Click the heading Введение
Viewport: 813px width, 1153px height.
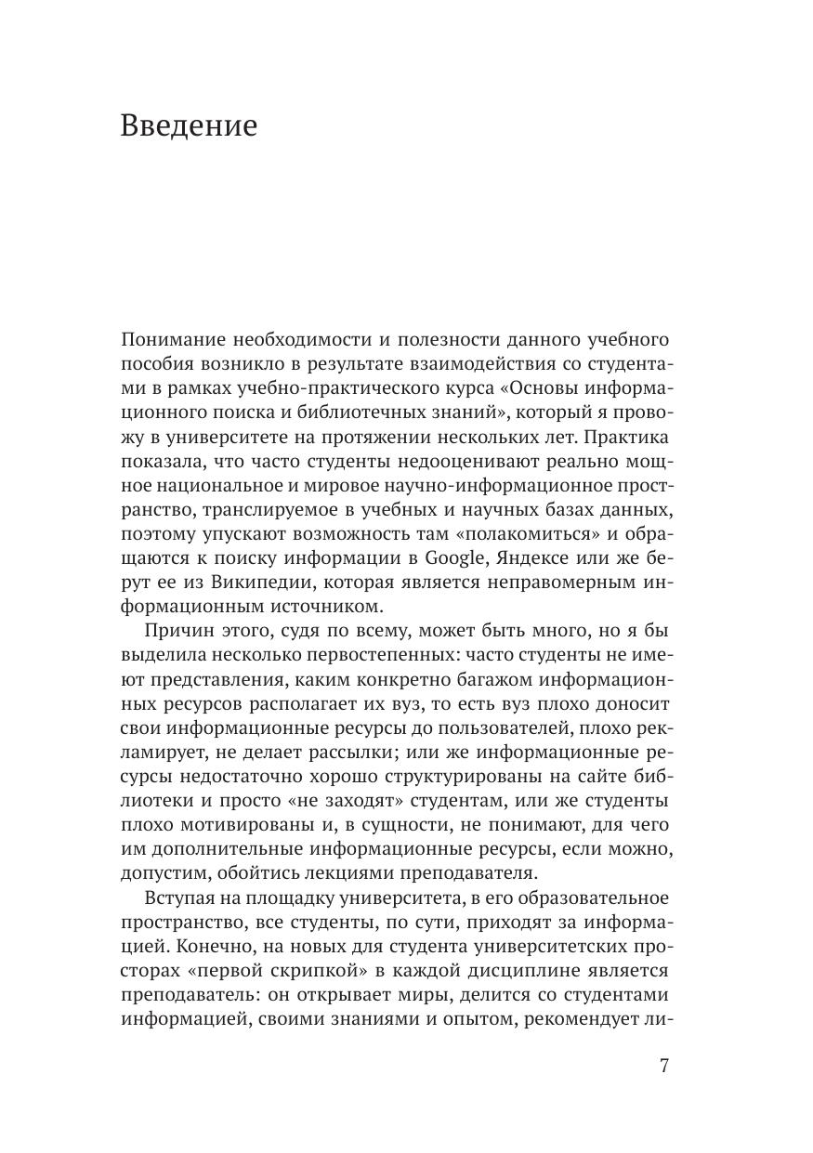click(189, 126)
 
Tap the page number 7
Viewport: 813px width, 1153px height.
click(663, 1066)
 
